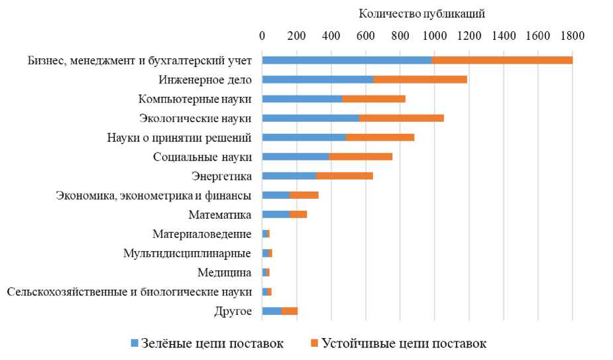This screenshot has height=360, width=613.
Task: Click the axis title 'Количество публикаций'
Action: click(422, 13)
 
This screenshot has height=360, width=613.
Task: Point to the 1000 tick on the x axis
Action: click(434, 36)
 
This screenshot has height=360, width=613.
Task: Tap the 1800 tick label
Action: click(572, 36)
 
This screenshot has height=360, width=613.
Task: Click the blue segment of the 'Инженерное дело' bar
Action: click(317, 80)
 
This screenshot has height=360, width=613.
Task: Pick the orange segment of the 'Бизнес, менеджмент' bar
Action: click(502, 60)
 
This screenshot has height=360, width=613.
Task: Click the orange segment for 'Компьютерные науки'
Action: click(373, 99)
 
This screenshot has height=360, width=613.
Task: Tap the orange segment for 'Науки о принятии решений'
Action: click(380, 137)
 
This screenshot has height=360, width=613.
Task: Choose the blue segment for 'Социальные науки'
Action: click(296, 156)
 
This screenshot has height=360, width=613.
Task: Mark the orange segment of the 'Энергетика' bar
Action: click(345, 176)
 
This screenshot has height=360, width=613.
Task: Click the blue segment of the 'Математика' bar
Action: click(276, 214)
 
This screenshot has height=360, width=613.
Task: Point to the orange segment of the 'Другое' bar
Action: click(290, 310)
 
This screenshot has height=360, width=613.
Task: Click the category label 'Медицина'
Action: click(224, 272)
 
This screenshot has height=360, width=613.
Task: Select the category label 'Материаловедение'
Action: click(201, 233)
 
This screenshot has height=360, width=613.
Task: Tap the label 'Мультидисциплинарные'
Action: click(187, 253)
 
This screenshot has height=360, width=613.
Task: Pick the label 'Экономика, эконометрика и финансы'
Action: click(153, 195)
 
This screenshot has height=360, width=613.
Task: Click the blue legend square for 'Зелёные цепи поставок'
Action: click(133, 343)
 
